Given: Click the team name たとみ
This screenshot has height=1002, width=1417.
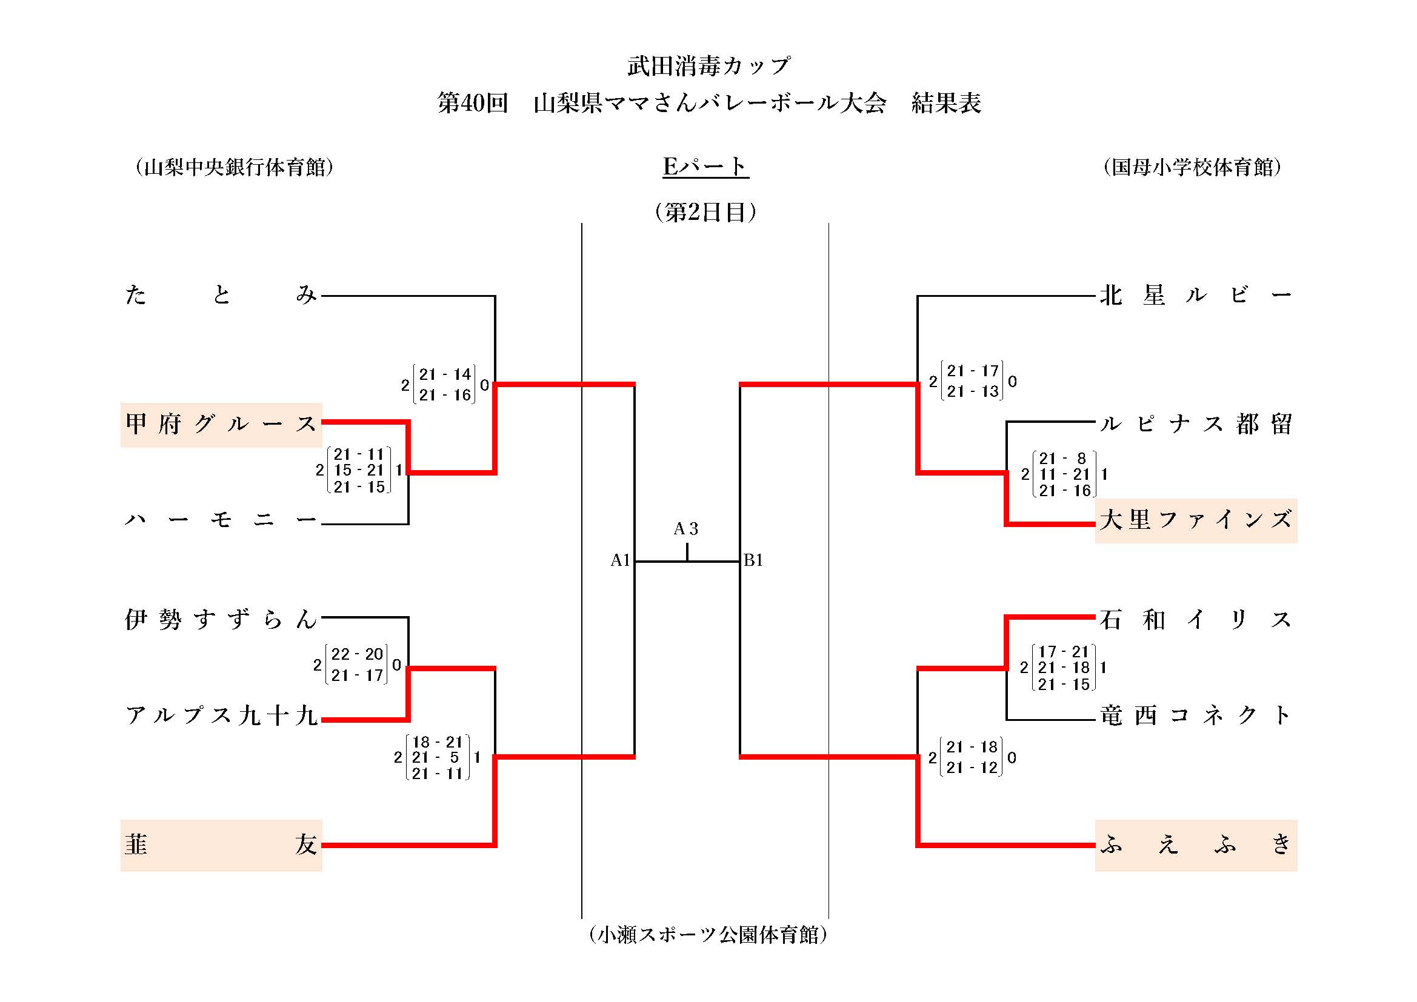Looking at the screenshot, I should [221, 295].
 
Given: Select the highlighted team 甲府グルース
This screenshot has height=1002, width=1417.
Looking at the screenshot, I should [221, 425].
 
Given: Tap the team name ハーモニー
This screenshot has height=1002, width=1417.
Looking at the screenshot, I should [221, 520].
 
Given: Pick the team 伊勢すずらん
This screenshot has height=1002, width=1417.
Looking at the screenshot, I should [221, 619].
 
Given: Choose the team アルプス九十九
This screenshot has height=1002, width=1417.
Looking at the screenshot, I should [221, 715].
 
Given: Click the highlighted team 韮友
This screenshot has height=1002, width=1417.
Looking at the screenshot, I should [221, 844].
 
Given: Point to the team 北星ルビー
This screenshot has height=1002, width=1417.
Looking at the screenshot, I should [1195, 295].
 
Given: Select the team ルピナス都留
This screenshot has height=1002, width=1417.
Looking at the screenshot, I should [1195, 425].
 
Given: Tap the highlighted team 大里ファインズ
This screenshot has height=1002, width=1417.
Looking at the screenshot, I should [1195, 520].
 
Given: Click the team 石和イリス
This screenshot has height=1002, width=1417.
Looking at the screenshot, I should [1195, 619].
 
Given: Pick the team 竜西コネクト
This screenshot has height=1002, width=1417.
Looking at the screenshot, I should [1195, 715].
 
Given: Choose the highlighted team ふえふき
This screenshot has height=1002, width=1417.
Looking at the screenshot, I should [1195, 844].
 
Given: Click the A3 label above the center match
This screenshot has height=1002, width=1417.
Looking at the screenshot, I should [685, 529].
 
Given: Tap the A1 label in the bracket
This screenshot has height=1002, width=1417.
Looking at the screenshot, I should [619, 560].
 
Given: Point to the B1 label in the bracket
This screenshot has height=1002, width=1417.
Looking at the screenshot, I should [753, 560].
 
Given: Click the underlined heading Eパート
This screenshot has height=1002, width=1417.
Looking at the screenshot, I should [705, 167].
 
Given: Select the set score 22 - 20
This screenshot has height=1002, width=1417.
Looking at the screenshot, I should [358, 654].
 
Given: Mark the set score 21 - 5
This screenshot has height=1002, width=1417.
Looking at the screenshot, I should [437, 757].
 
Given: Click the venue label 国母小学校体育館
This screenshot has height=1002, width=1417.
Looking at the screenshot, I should [1192, 167].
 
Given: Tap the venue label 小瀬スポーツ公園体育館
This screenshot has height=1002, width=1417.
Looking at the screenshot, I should [708, 934].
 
